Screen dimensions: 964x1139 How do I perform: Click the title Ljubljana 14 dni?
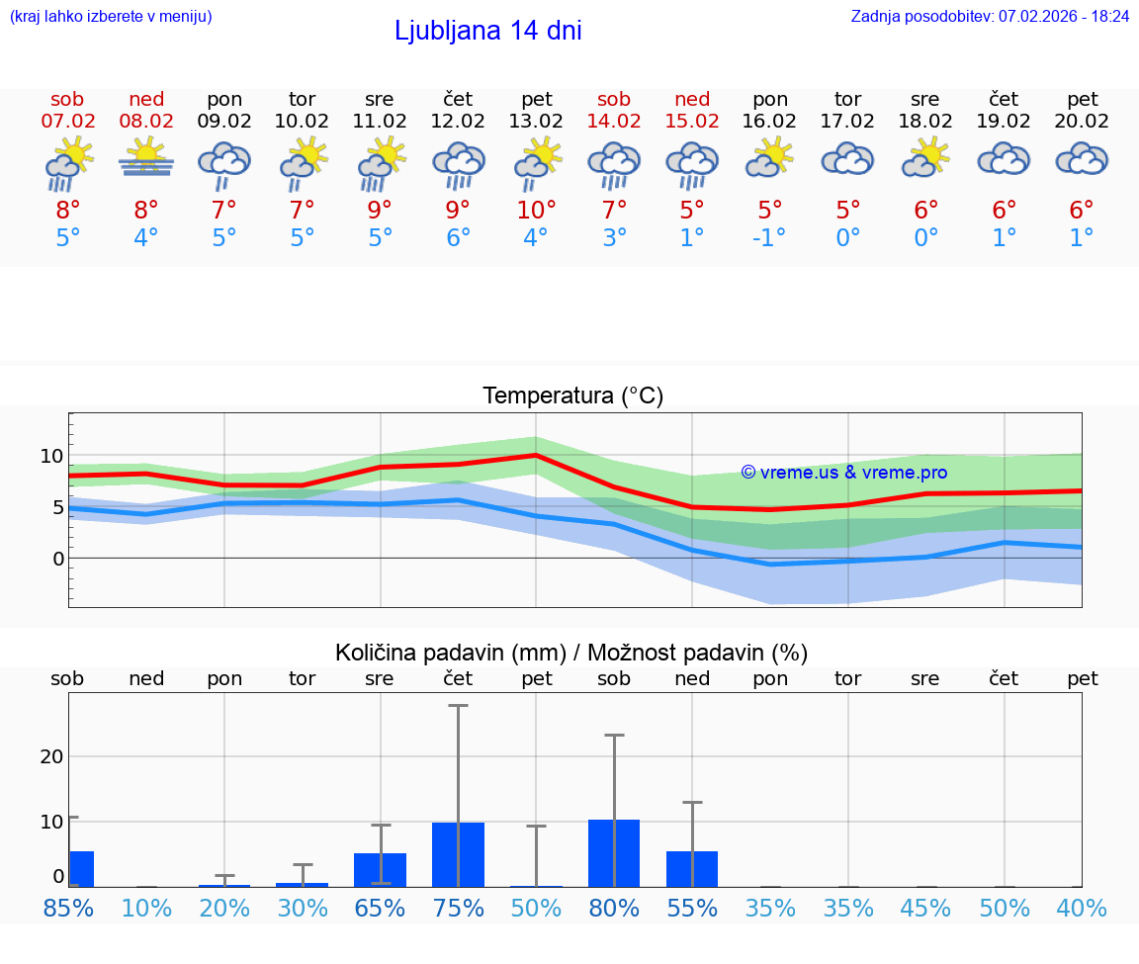(x=487, y=31)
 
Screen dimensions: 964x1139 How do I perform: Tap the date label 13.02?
(x=536, y=121)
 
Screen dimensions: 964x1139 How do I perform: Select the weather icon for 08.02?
(x=146, y=159)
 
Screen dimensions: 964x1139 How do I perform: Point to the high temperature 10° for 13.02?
(x=536, y=210)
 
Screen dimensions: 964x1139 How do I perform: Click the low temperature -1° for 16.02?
(x=769, y=238)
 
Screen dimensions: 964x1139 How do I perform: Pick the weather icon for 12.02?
(x=458, y=164)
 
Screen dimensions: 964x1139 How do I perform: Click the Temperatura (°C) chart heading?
(x=572, y=396)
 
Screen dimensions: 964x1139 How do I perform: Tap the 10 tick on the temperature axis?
(x=52, y=456)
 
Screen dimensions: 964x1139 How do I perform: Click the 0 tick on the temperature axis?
(x=58, y=559)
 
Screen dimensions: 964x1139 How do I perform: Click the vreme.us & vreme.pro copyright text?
(x=843, y=473)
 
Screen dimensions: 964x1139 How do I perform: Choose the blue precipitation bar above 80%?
(x=614, y=853)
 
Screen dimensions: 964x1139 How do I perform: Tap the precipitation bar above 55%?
(x=692, y=868)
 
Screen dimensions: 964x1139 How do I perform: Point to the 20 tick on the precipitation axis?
(x=51, y=756)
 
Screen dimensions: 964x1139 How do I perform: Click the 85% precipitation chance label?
(x=69, y=908)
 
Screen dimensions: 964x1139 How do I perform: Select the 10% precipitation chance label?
(x=146, y=908)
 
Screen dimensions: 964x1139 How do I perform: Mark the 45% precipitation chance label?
(x=925, y=908)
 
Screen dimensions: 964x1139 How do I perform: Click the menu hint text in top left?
(x=111, y=17)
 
